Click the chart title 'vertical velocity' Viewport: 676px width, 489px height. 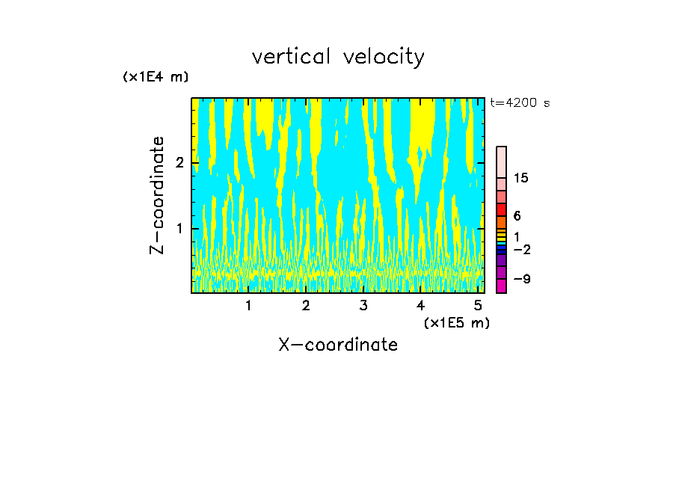pos(338,57)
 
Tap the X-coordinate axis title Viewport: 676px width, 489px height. pos(338,345)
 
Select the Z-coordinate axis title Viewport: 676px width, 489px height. pos(157,195)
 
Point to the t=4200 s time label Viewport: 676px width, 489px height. pos(520,103)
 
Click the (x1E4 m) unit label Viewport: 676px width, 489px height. pos(156,76)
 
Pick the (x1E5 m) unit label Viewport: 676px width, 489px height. pos(456,322)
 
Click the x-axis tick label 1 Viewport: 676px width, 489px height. pos(248,306)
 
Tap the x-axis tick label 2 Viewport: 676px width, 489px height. pos(306,306)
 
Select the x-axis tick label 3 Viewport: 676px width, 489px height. pos(363,306)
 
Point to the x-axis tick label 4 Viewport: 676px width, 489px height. pos(420,306)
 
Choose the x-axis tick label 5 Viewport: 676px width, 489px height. pos(477,306)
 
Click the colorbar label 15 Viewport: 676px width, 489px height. pos(521,178)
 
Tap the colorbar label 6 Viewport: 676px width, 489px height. pos(517,216)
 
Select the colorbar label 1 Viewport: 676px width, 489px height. pos(517,236)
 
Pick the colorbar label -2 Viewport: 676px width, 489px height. pos(521,250)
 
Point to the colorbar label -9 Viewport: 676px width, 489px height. pos(521,279)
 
